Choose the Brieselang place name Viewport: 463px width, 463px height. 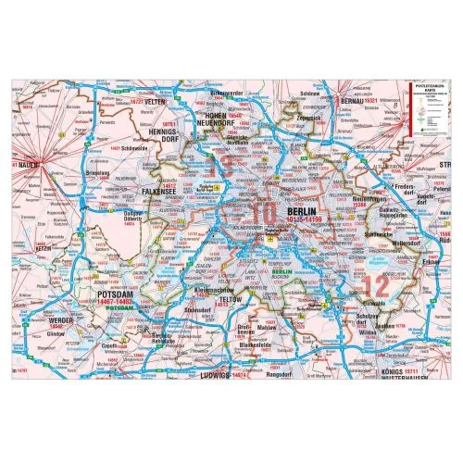tap(77, 172)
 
